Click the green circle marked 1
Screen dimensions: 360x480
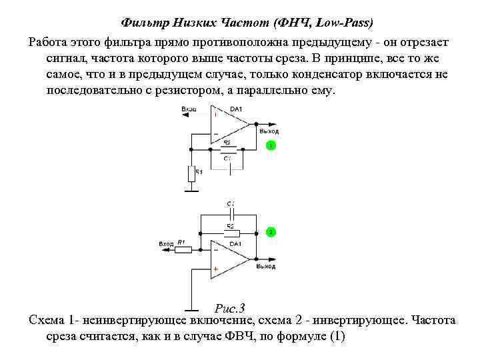pyautogui.click(x=271, y=145)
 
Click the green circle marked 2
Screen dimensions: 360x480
pyautogui.click(x=271, y=231)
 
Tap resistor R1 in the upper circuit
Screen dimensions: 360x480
pyautogui.click(x=191, y=173)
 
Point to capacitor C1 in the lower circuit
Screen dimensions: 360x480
pyautogui.click(x=231, y=215)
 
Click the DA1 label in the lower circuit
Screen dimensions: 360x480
pyautogui.click(x=235, y=244)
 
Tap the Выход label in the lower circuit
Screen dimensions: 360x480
pyautogui.click(x=267, y=266)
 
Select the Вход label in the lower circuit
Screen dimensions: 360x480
pyautogui.click(x=166, y=245)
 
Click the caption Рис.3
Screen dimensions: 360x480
pyautogui.click(x=231, y=308)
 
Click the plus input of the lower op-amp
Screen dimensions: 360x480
pyautogui.click(x=215, y=270)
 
